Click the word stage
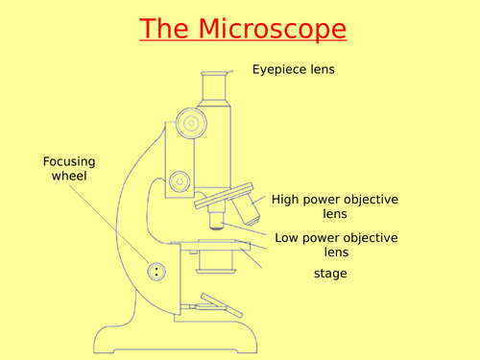pos(330,274)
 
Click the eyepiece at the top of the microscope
pos(215,86)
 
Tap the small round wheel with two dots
pos(155,272)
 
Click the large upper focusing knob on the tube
pos(188,125)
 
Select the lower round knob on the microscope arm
pos(179,180)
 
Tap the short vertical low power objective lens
pos(217,222)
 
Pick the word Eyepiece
pos(275,69)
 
